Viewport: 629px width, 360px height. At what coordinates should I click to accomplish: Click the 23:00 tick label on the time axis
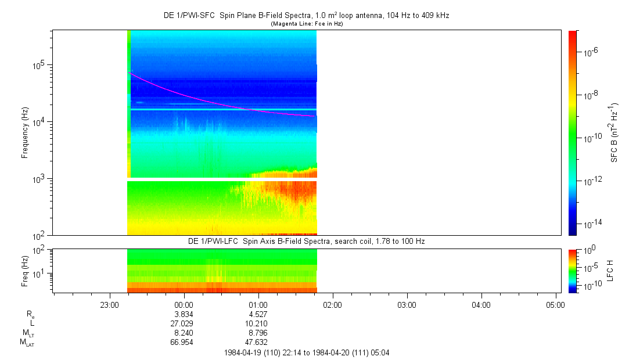coord(110,304)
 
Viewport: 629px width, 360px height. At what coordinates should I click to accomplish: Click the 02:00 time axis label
coord(332,304)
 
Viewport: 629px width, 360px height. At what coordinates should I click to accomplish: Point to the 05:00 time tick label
coord(555,304)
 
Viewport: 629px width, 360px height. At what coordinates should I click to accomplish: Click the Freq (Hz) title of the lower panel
coord(25,271)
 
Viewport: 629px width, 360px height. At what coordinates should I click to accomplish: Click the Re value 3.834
coord(184,314)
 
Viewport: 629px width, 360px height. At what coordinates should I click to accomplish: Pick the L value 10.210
coord(258,323)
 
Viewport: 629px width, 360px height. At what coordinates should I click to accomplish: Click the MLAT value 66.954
coord(184,342)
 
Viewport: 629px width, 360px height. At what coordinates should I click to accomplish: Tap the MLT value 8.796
coord(258,333)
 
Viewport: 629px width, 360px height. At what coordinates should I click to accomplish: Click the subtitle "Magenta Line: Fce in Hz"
coord(307,23)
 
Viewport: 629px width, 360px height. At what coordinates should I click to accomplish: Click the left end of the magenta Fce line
coord(129,72)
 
